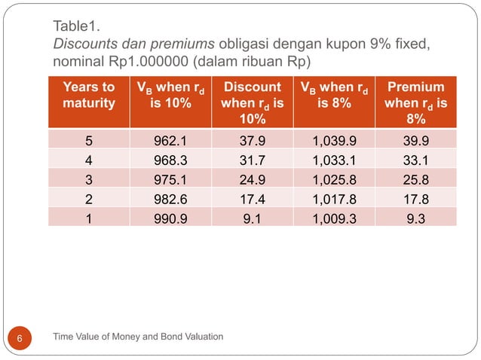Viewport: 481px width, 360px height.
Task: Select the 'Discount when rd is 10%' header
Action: [x=252, y=103]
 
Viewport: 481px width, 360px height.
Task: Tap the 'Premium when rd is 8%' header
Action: [x=415, y=103]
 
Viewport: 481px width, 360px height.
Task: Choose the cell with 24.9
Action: [x=252, y=178]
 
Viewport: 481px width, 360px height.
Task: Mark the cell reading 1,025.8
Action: [x=333, y=178]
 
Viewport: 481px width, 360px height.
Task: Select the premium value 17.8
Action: [x=415, y=197]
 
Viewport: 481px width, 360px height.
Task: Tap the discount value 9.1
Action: [x=252, y=217]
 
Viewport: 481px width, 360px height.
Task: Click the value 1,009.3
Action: [x=333, y=217]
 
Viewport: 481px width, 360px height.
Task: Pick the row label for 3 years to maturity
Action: [x=89, y=178]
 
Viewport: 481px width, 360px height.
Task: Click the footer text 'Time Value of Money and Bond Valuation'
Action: [x=138, y=336]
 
